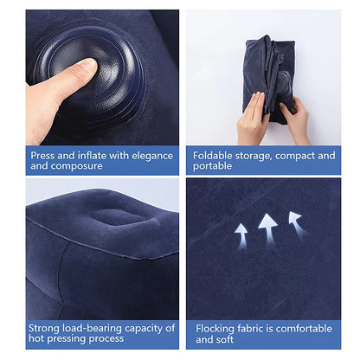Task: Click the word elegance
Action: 150,156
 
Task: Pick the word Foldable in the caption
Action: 214,156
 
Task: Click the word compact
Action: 292,156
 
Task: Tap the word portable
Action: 213,166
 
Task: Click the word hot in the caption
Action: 38,339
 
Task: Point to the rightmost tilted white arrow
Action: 296,222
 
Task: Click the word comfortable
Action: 299,329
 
